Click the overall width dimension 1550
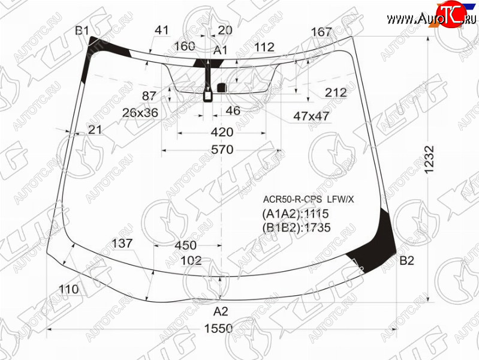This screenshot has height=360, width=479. pos(218,328)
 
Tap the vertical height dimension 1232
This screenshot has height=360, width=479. pos(429,160)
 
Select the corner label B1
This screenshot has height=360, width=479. pos(82,31)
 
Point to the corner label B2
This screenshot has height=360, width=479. pos(406,260)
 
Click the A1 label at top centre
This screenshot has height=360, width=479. pos(220,50)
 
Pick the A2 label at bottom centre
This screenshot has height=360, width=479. pos(221,311)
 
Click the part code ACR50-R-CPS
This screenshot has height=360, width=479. pos(293,199)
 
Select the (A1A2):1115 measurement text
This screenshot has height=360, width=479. pos(296,214)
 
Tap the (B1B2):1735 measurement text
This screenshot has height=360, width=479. pos(296,227)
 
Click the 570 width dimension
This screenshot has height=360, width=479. pos(222,149)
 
